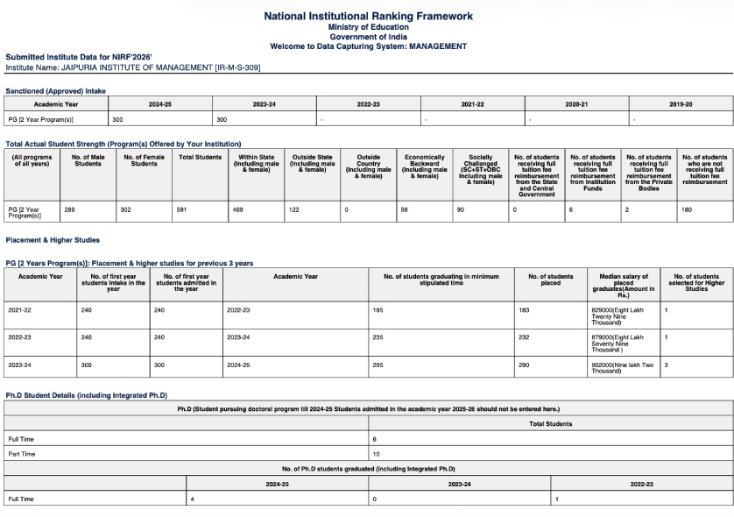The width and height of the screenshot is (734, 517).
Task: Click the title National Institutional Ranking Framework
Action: click(x=368, y=16)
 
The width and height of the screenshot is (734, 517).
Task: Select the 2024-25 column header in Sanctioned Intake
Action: click(x=159, y=103)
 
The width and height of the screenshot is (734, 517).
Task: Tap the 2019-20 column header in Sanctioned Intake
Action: click(x=681, y=103)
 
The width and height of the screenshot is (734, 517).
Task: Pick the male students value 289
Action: click(x=70, y=209)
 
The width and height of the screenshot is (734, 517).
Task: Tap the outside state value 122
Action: click(x=293, y=209)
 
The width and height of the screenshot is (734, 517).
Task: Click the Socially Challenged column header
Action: click(x=481, y=169)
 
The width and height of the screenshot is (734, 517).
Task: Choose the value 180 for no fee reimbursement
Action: click(x=687, y=209)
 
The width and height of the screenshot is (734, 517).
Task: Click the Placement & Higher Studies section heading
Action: click(x=53, y=239)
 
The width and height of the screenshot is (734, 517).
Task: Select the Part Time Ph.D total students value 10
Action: click(x=376, y=454)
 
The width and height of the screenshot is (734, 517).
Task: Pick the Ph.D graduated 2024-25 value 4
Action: click(x=193, y=499)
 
